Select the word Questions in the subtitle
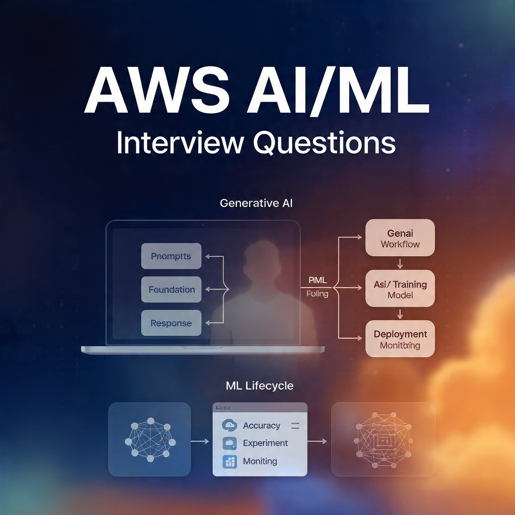click(x=324, y=142)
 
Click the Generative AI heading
click(x=256, y=203)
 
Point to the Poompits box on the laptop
click(x=171, y=256)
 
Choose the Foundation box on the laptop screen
click(x=171, y=289)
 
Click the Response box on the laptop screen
click(x=171, y=323)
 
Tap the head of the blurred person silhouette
click(x=262, y=260)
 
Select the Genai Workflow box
click(x=400, y=238)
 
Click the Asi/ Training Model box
click(x=400, y=289)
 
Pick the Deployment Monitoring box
click(x=400, y=339)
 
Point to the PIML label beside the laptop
click(x=317, y=280)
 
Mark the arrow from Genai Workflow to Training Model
click(x=400, y=264)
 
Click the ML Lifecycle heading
click(x=260, y=386)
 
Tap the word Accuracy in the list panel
click(x=262, y=426)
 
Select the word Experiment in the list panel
click(x=265, y=443)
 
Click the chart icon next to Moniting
click(x=230, y=461)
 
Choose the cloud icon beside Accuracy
click(x=229, y=425)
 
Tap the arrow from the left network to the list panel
click(x=200, y=441)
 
